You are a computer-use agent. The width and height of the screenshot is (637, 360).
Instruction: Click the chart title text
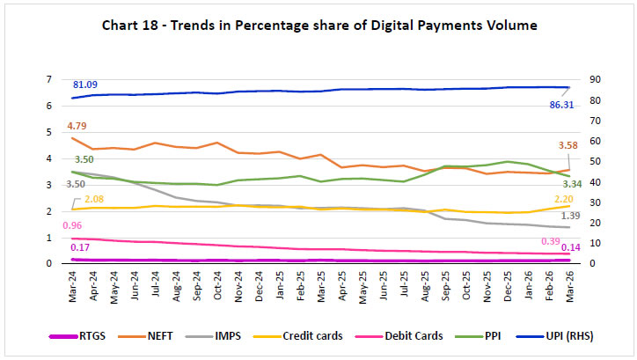(318, 26)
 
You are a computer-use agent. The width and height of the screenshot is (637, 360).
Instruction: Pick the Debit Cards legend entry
(413, 335)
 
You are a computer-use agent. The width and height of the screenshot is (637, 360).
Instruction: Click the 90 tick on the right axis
(595, 79)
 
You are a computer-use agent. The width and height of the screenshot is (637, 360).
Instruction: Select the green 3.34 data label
(572, 184)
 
